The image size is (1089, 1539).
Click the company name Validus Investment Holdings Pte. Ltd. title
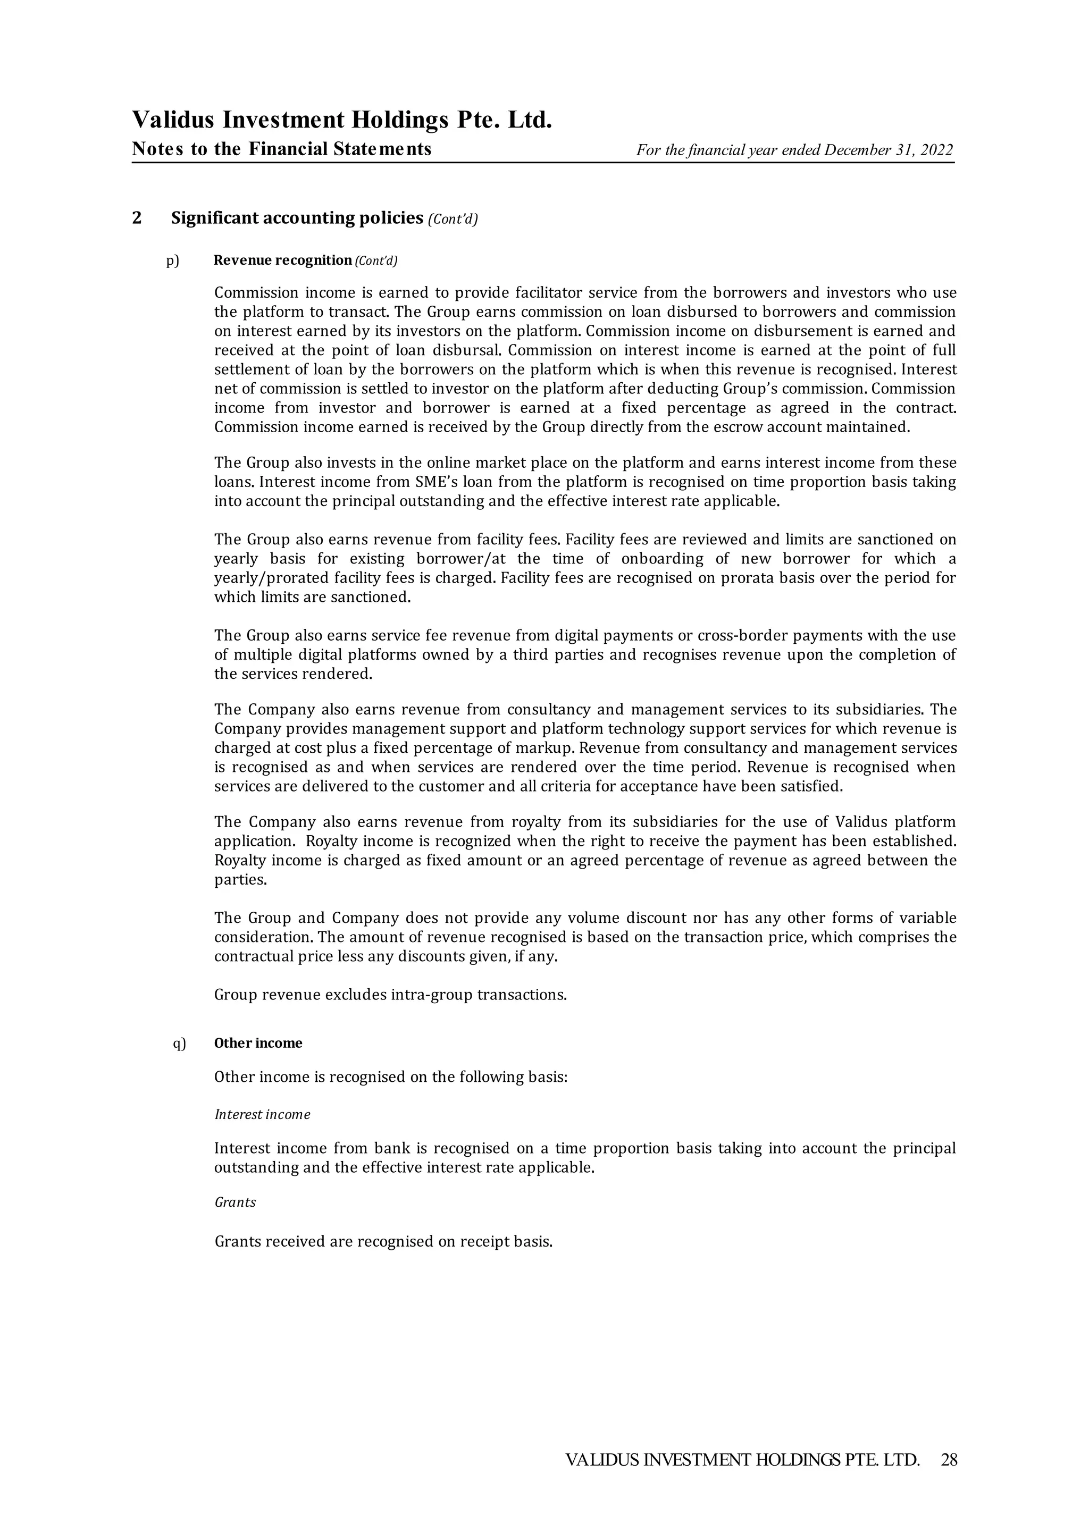pos(342,120)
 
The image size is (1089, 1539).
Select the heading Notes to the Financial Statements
pos(282,149)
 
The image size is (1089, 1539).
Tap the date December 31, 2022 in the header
pos(889,150)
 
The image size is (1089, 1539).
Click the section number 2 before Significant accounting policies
pos(137,218)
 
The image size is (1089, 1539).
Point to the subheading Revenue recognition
pos(282,260)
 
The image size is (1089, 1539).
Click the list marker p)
pos(173,260)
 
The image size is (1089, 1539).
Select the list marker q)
pos(180,1043)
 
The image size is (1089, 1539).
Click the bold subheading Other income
pos(258,1043)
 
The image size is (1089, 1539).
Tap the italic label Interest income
pos(262,1115)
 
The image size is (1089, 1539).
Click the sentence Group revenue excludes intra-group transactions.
pos(390,995)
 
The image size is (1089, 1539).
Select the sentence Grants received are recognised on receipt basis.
pos(383,1242)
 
